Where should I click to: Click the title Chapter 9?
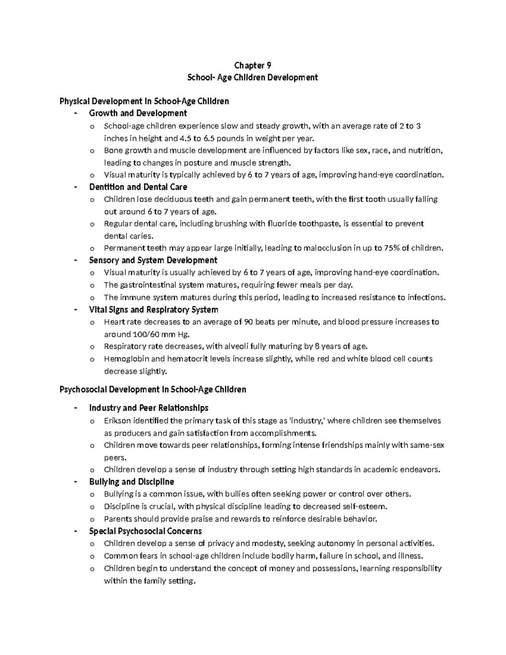[253, 65]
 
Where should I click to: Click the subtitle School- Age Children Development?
[253, 78]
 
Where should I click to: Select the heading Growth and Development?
[138, 113]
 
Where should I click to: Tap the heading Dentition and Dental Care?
[138, 187]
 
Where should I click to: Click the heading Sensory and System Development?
[153, 260]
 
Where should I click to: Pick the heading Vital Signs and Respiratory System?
[153, 310]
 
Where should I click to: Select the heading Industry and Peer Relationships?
[148, 408]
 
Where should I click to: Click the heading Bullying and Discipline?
[132, 482]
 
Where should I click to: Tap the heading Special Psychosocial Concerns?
[145, 531]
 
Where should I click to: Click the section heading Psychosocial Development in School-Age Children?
[153, 389]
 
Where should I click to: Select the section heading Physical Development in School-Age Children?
[144, 101]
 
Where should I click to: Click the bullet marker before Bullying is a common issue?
[92, 495]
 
